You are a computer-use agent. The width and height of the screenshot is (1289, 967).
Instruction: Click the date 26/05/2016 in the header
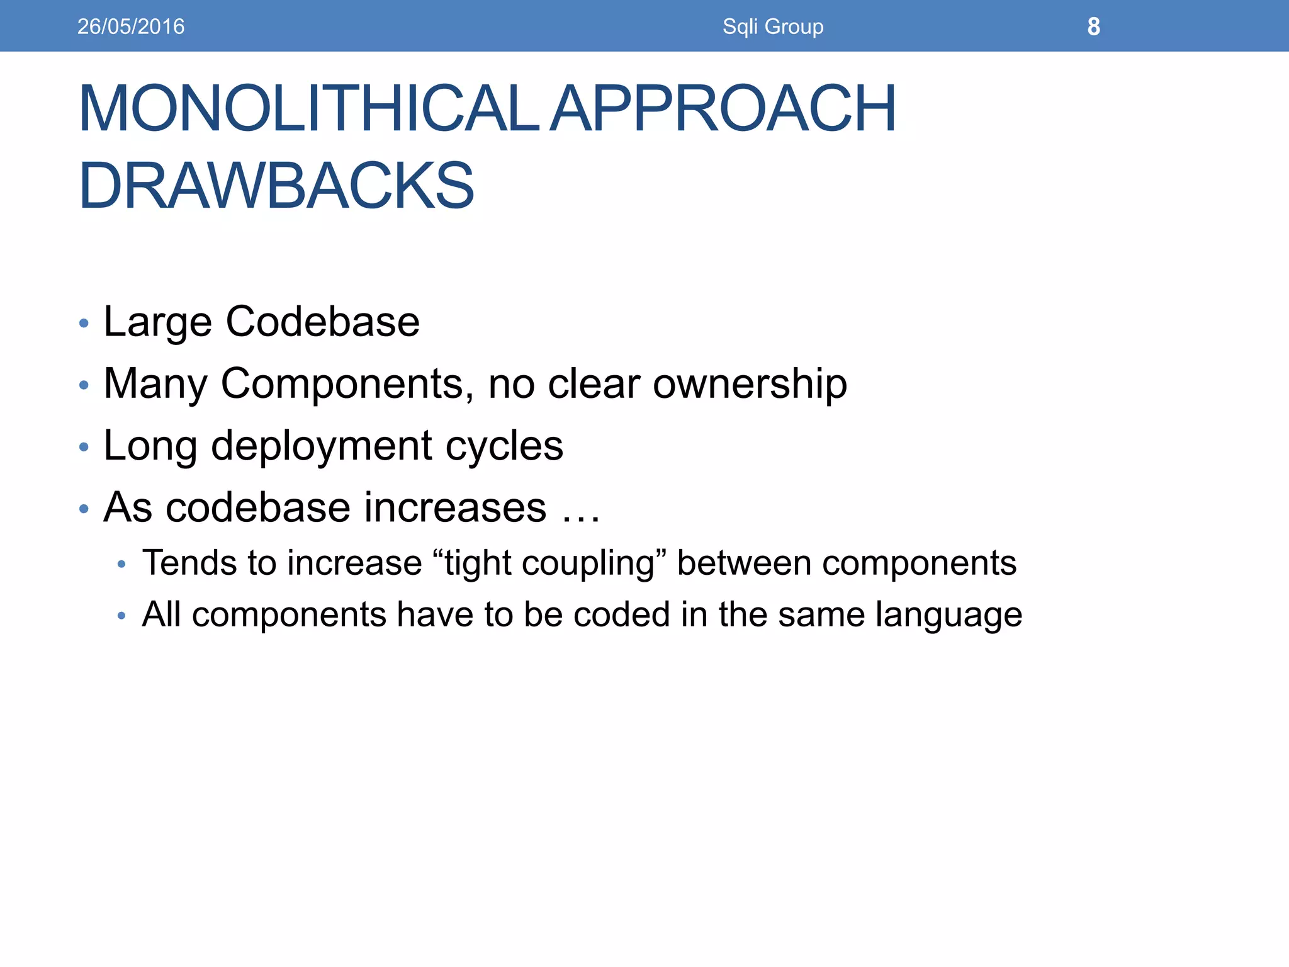[x=131, y=26]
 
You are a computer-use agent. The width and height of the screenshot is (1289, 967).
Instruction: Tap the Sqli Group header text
[x=772, y=26]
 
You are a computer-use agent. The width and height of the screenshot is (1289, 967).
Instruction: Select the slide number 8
[x=1093, y=26]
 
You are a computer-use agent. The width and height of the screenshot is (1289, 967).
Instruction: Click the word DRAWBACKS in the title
[x=276, y=186]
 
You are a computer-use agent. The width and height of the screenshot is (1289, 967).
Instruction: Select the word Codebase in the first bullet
[x=322, y=322]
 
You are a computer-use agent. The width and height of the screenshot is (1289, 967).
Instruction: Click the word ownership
[x=750, y=383]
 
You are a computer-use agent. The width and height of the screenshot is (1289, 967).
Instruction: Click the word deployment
[x=322, y=446]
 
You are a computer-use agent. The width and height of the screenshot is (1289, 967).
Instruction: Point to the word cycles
[x=504, y=446]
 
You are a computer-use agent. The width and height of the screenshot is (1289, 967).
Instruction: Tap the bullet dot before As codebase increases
[x=84, y=509]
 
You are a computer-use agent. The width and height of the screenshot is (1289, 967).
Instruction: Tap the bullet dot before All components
[x=122, y=616]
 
